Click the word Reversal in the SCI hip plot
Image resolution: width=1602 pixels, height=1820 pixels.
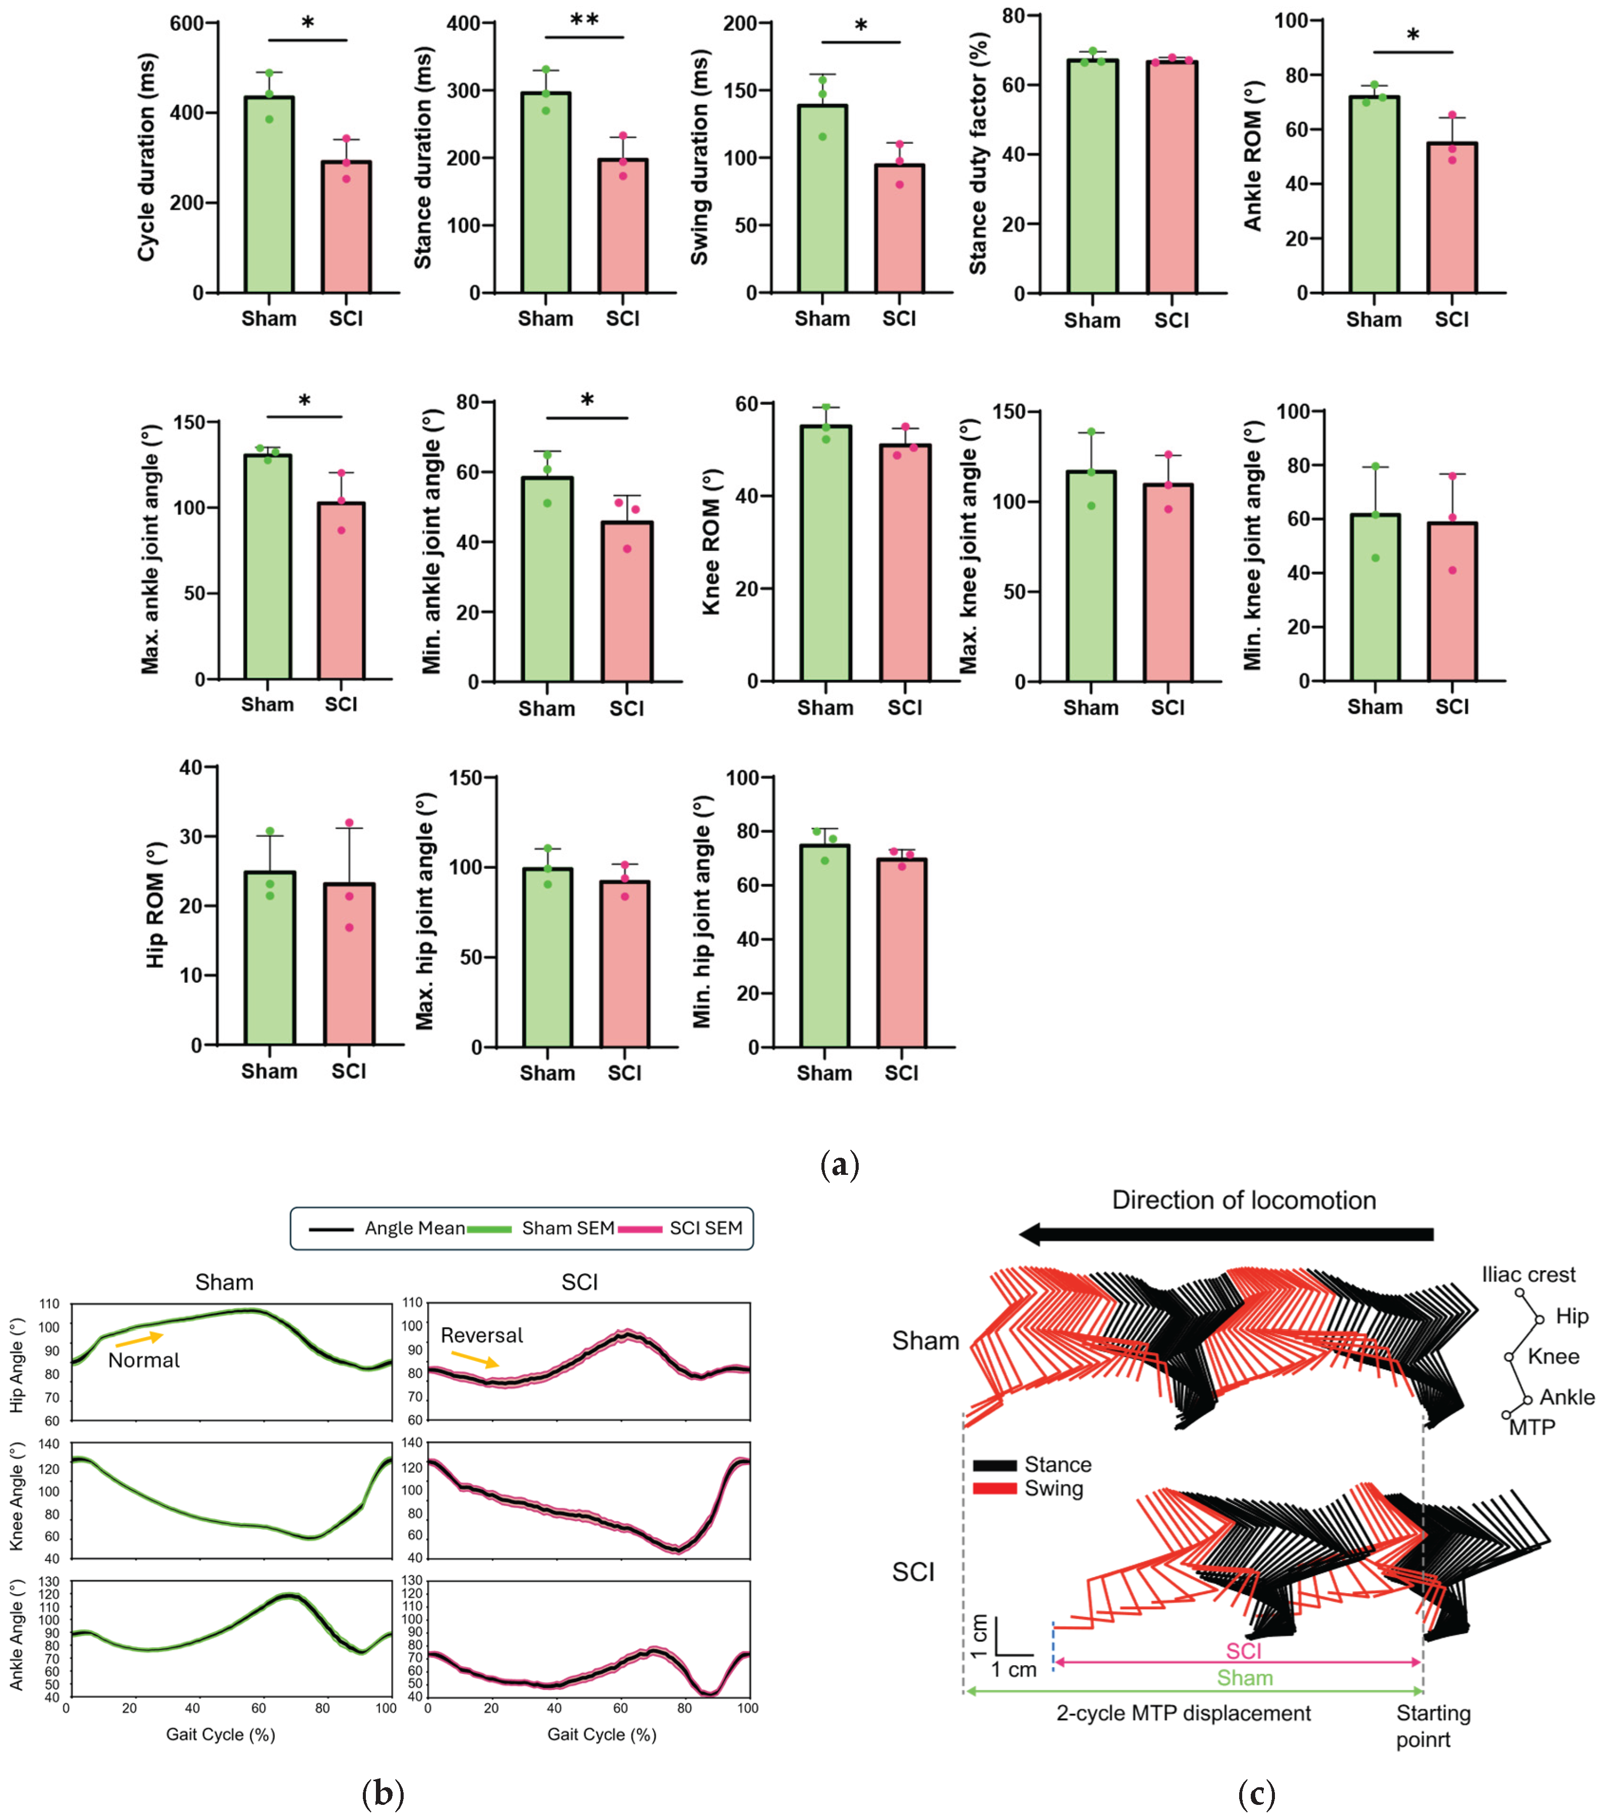(482, 1336)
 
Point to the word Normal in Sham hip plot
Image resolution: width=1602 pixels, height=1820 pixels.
(144, 1360)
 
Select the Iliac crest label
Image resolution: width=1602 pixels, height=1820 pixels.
(1528, 1275)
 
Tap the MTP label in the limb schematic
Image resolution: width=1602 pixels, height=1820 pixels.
(1531, 1427)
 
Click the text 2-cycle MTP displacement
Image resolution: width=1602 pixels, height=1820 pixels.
(1183, 1713)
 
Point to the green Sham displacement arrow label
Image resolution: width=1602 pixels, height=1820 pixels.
(1244, 1678)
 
